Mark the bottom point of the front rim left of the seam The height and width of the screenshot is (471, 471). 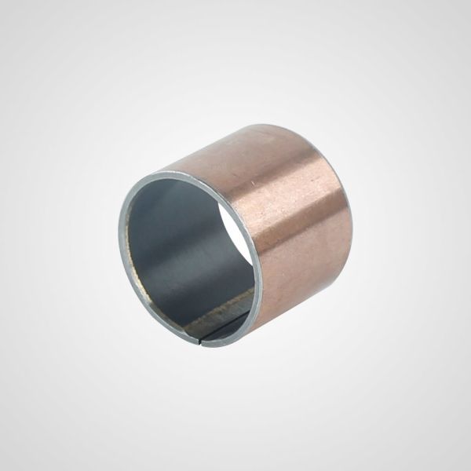coord(192,341)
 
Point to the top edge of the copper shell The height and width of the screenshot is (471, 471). coord(235,141)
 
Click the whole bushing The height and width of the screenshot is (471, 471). coord(235,235)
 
